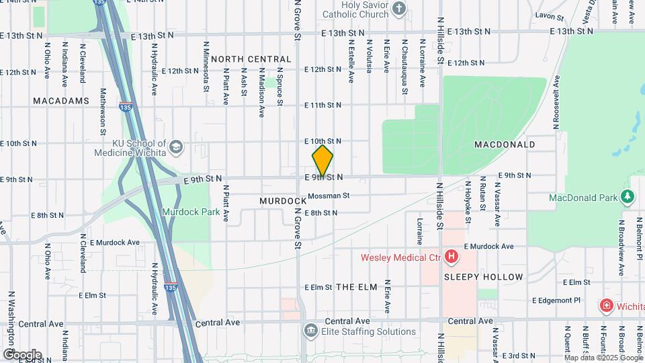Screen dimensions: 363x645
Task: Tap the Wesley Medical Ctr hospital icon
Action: pyautogui.click(x=451, y=257)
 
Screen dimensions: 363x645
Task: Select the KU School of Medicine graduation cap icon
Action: pyautogui.click(x=175, y=147)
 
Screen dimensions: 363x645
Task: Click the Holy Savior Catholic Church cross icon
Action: pyautogui.click(x=399, y=9)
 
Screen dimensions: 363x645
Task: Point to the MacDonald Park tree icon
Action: pyautogui.click(x=628, y=196)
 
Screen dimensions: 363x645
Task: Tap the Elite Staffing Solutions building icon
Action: pyautogui.click(x=310, y=331)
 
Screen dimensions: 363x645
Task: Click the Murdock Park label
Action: pyautogui.click(x=181, y=212)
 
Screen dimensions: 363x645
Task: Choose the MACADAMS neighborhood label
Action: pyautogui.click(x=60, y=101)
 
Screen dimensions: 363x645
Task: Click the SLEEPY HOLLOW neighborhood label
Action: pyautogui.click(x=484, y=277)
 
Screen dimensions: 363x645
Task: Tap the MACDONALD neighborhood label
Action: pyautogui.click(x=505, y=145)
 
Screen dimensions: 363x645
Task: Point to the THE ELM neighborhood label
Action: pyautogui.click(x=356, y=287)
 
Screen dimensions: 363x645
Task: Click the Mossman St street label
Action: pyautogui.click(x=329, y=196)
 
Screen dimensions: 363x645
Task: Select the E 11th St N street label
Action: pyautogui.click(x=322, y=106)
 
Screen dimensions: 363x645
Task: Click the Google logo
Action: pyautogui.click(x=21, y=355)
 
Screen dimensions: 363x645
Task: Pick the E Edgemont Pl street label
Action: pyautogui.click(x=556, y=300)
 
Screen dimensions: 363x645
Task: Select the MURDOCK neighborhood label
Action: pyautogui.click(x=279, y=201)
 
